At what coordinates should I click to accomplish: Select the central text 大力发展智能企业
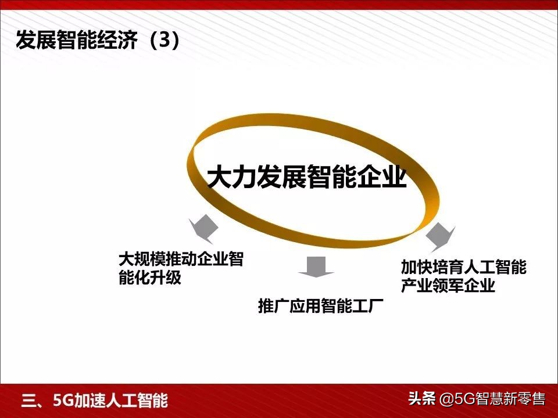pos(307,176)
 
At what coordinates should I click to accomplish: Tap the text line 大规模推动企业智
pos(181,259)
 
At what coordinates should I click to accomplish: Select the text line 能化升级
pos(150,278)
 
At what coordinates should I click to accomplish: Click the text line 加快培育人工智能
pos(463,267)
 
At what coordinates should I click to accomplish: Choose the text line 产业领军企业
pos(448,286)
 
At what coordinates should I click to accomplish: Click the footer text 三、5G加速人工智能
pos(94,401)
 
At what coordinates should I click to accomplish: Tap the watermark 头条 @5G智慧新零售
pos(476,399)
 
